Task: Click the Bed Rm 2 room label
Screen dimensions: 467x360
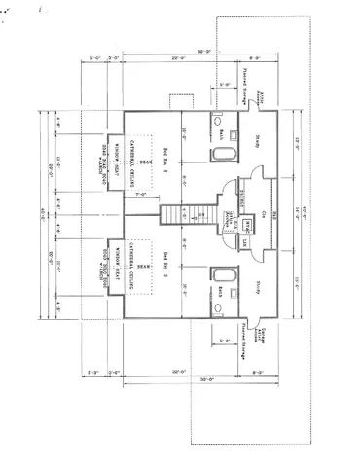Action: tap(166, 156)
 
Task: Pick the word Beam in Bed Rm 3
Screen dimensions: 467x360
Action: tap(142, 265)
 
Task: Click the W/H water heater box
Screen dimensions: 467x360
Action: tap(249, 223)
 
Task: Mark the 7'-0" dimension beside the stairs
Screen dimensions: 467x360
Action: tap(141, 195)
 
